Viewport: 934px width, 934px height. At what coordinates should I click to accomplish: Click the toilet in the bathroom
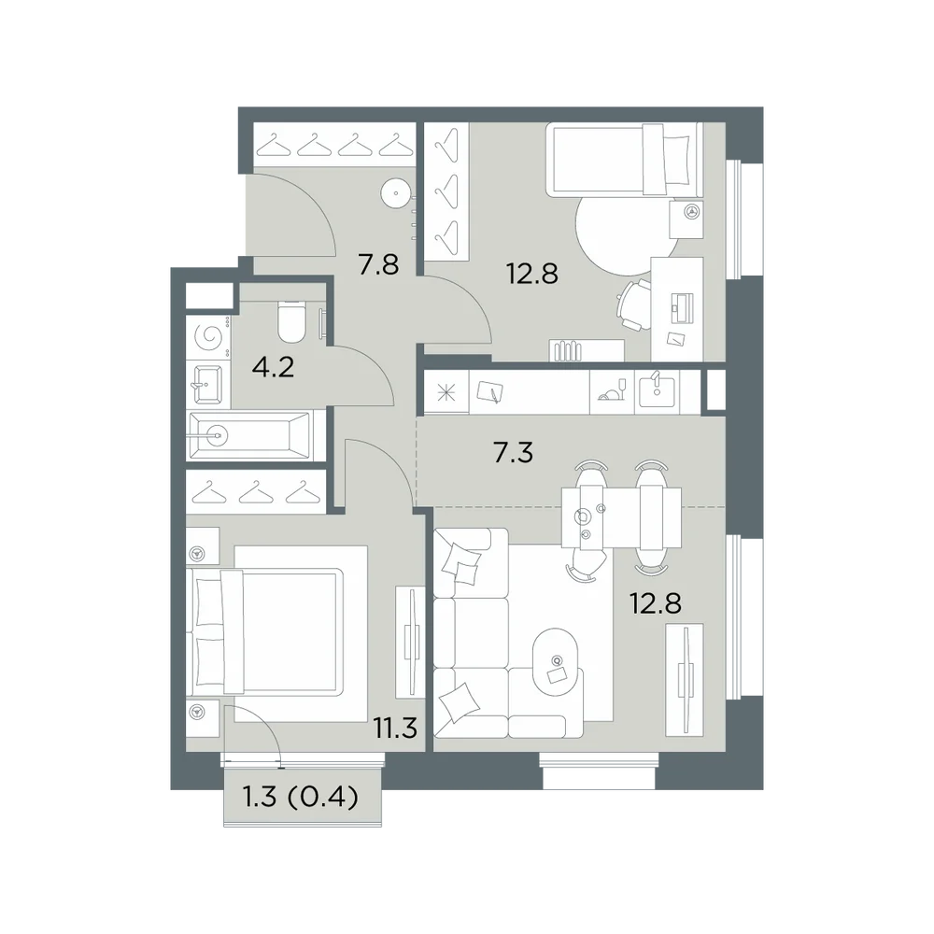(x=291, y=322)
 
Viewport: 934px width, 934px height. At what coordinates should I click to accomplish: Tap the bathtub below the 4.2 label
(x=250, y=435)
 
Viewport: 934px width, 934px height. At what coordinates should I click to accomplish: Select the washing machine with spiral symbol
(x=208, y=338)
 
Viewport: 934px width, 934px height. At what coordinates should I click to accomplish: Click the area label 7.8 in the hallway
(x=378, y=264)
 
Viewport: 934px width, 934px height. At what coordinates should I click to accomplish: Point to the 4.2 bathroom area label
(x=274, y=367)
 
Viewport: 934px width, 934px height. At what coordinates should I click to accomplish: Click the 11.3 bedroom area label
(x=395, y=728)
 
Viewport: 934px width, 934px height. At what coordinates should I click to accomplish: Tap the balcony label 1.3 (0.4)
(x=301, y=796)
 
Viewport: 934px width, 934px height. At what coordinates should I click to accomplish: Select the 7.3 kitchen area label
(x=513, y=453)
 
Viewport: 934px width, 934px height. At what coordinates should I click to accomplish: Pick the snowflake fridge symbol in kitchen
(x=446, y=394)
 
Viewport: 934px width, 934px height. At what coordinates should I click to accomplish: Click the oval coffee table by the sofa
(x=557, y=661)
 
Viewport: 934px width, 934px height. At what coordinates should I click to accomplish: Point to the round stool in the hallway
(x=395, y=193)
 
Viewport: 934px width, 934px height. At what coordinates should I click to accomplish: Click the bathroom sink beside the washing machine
(x=206, y=386)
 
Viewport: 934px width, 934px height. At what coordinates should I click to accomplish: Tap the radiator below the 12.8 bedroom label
(x=568, y=351)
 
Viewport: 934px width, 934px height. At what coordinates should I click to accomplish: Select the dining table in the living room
(x=622, y=516)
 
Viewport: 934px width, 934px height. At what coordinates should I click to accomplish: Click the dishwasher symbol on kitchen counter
(x=612, y=391)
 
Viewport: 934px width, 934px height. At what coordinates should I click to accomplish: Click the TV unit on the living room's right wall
(x=685, y=680)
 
